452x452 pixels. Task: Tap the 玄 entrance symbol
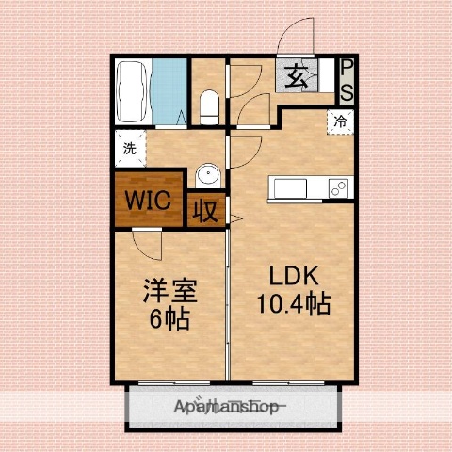coord(296,75)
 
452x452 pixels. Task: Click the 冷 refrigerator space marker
coord(340,121)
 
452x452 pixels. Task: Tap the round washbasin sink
coord(207,178)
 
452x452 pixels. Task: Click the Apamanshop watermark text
coord(226,408)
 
